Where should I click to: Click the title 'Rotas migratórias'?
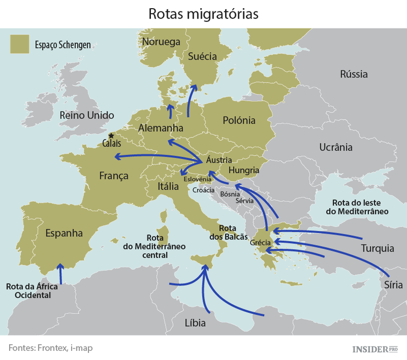(x=203, y=14)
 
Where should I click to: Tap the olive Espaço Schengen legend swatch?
(x=19, y=44)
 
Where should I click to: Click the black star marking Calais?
(x=111, y=136)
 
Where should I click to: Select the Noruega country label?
(x=161, y=42)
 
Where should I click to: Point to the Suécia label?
(x=202, y=56)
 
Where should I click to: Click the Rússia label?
(x=354, y=74)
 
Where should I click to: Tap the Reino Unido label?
(x=87, y=115)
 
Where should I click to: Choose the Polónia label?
(x=239, y=120)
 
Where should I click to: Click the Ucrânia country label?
(x=335, y=147)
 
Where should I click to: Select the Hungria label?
(x=244, y=170)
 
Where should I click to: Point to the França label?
(x=114, y=176)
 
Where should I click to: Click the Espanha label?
(x=64, y=233)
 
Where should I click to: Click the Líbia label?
(x=195, y=323)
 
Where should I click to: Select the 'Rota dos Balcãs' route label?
(x=228, y=233)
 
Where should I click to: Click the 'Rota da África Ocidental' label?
(x=29, y=291)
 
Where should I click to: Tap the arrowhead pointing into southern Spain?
(x=61, y=266)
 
